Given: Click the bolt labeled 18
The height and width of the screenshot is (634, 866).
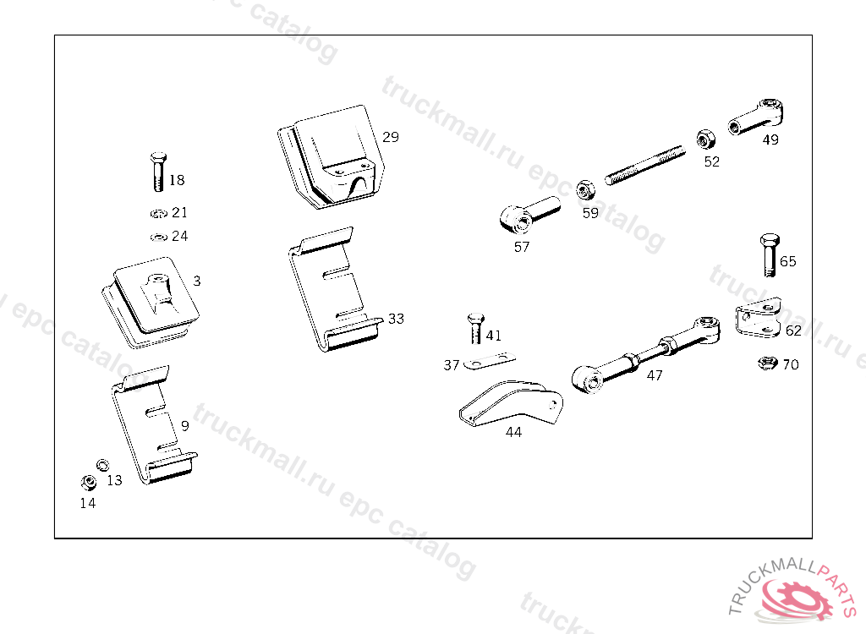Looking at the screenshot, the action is (x=158, y=172).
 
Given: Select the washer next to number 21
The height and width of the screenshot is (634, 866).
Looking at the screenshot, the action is (x=159, y=213).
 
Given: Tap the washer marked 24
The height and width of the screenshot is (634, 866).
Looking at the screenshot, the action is (x=159, y=237).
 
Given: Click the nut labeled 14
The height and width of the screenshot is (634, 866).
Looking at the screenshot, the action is (x=88, y=483).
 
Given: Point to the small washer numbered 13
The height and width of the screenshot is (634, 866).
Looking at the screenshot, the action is (x=102, y=465).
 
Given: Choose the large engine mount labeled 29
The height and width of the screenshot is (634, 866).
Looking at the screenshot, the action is (x=332, y=157).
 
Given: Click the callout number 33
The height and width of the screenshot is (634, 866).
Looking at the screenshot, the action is (x=396, y=319).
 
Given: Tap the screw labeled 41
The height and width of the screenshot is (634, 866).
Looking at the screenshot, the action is (x=475, y=329).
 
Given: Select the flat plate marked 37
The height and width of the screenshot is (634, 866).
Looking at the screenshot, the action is (x=490, y=361).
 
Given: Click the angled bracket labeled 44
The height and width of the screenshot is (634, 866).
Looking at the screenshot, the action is (x=511, y=403).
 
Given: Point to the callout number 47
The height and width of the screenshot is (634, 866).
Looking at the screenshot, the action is (x=655, y=375).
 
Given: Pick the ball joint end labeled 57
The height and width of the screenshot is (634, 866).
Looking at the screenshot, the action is (x=529, y=216).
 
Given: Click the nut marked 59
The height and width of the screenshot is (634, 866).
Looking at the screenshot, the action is (x=585, y=190).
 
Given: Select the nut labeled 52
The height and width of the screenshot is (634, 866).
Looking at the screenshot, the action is (x=706, y=139).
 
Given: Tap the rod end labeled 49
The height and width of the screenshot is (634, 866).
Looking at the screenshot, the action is (x=756, y=117).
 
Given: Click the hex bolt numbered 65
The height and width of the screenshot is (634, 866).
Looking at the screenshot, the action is (x=770, y=255).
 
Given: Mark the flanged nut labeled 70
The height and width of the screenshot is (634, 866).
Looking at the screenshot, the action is (x=767, y=363).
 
